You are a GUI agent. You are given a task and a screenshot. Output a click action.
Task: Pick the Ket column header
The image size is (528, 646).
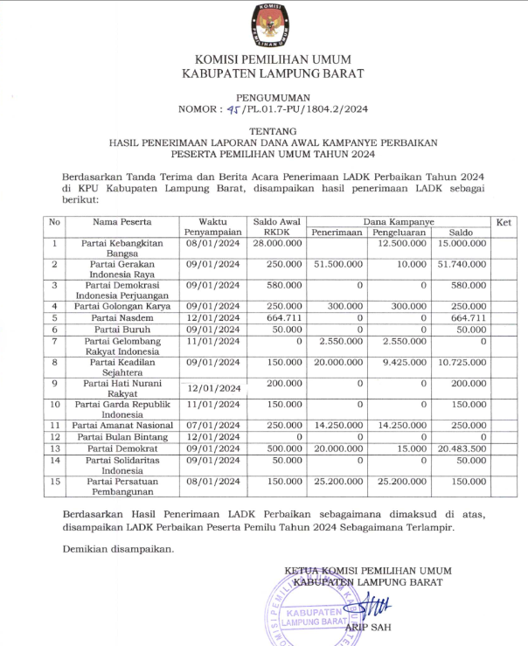503,222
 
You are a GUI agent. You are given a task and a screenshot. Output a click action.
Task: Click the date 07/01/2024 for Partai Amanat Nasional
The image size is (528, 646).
212,424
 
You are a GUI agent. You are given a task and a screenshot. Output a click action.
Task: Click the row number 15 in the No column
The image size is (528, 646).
54,481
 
